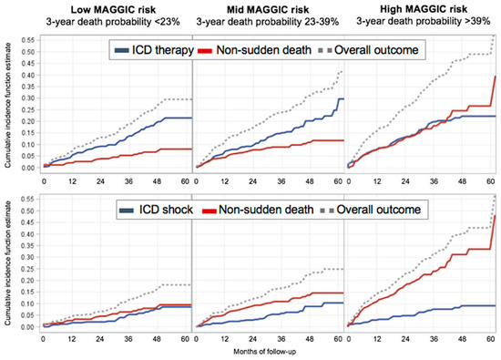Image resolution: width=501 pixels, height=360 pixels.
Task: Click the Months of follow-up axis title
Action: [268, 351]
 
